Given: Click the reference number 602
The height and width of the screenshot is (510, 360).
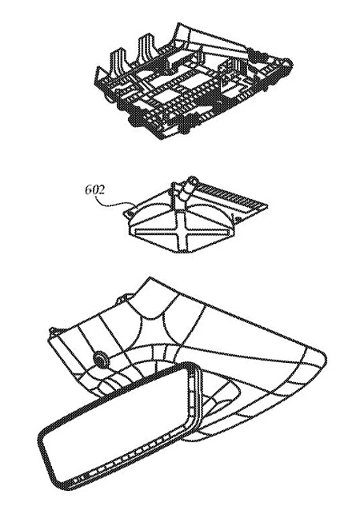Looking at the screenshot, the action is click(95, 189).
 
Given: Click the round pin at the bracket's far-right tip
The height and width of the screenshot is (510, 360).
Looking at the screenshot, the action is click(288, 64).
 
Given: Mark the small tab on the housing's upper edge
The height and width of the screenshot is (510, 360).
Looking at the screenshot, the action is click(123, 297).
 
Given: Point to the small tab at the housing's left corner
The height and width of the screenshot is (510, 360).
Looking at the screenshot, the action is click(53, 332).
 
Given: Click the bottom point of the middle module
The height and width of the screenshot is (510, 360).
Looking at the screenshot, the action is click(182, 251).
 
